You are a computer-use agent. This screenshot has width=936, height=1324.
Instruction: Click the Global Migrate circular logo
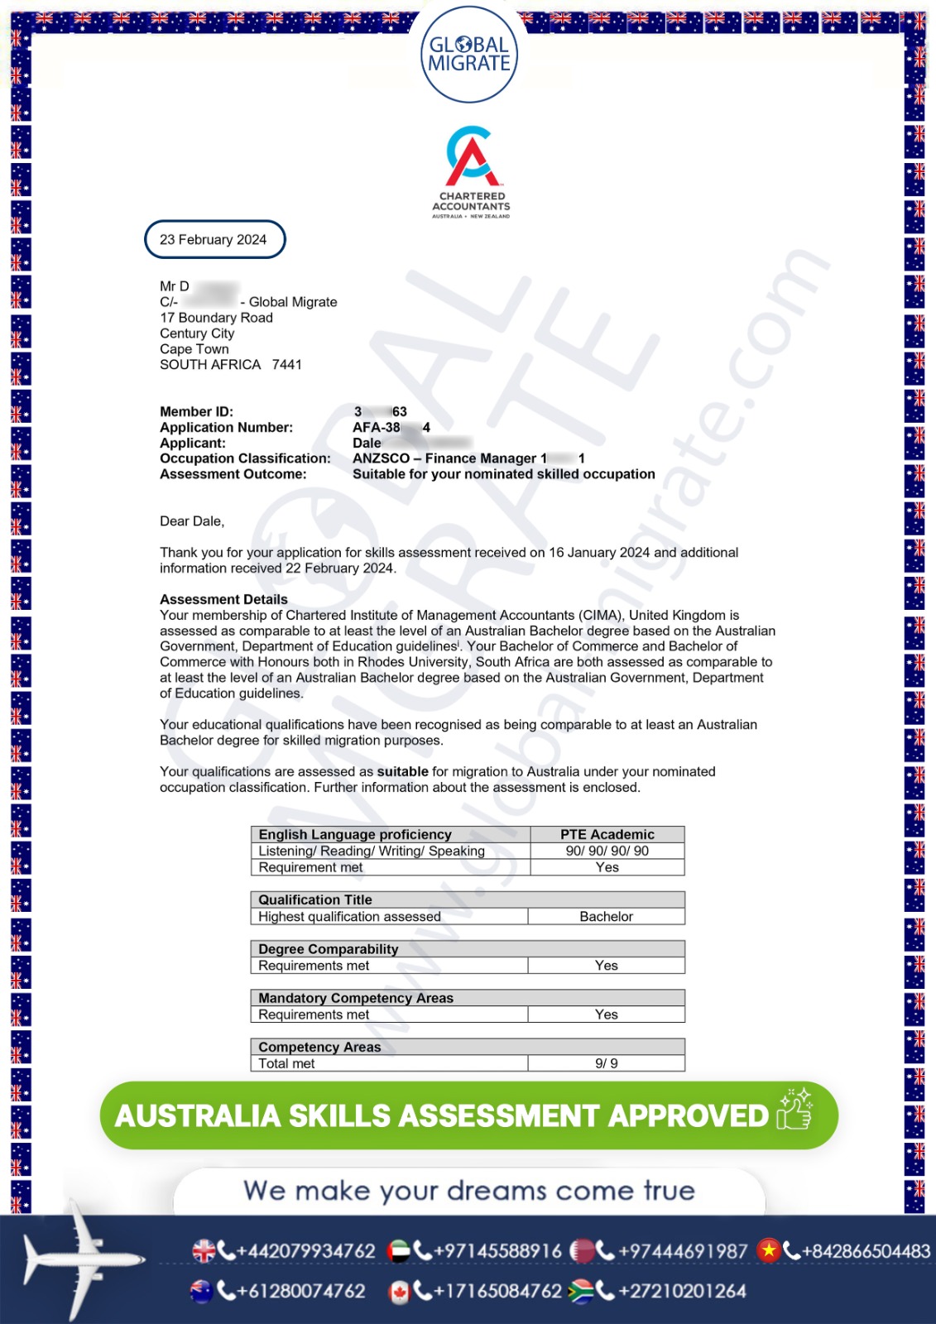[468, 54]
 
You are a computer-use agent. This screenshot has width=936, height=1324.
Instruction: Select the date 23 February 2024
[214, 240]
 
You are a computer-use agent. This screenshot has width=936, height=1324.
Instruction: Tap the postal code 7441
[286, 365]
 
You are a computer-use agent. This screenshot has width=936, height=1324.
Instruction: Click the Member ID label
[196, 412]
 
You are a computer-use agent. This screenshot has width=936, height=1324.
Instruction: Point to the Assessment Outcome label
[233, 474]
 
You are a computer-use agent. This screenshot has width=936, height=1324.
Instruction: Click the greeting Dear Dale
[192, 521]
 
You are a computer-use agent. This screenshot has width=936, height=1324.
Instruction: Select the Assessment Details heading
[223, 599]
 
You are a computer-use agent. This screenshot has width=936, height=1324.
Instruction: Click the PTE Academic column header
[607, 835]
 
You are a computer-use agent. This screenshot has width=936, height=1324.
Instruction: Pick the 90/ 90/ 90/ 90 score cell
[607, 851]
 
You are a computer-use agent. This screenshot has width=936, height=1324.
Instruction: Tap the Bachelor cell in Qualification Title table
[606, 917]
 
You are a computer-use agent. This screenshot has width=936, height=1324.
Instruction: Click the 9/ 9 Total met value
[606, 1063]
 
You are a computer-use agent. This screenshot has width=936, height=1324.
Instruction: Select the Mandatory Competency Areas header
[356, 998]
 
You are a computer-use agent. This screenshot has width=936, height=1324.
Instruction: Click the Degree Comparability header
[328, 949]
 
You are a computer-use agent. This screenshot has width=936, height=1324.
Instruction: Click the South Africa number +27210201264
[681, 1291]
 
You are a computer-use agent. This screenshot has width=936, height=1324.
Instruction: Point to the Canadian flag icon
[399, 1292]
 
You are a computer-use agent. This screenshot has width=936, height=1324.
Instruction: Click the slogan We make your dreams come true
[469, 1191]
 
